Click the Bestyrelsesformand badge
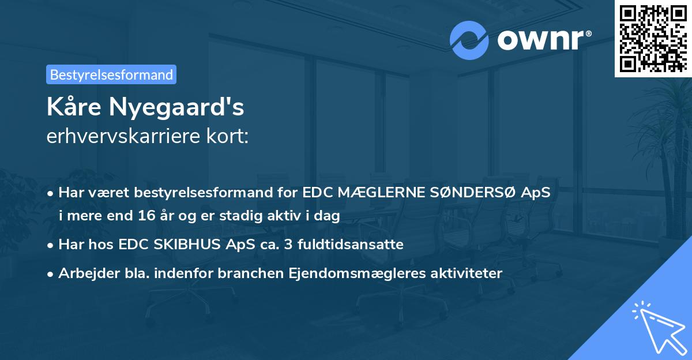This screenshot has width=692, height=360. (111, 74)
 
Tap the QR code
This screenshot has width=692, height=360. (653, 38)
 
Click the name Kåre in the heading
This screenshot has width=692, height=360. (74, 107)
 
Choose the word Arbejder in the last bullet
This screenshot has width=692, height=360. (86, 273)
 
